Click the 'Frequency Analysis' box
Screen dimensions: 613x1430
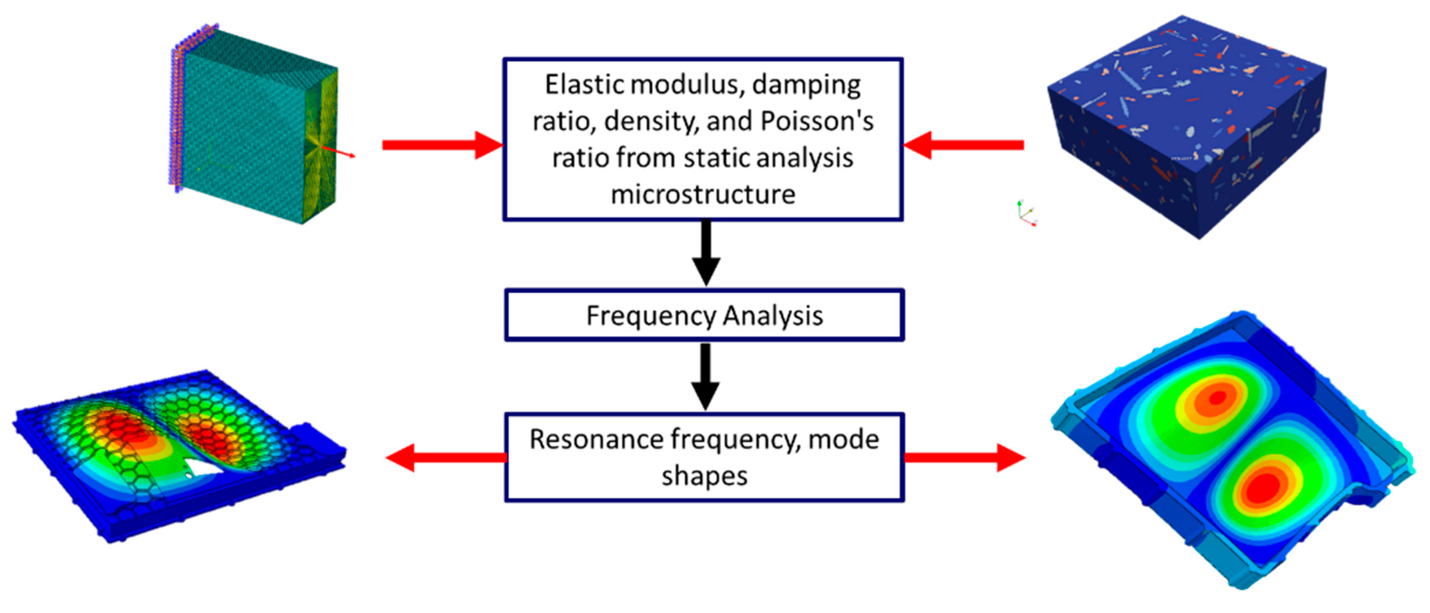pos(704,315)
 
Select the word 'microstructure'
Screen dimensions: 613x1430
pos(703,195)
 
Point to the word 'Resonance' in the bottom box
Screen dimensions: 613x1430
pos(597,440)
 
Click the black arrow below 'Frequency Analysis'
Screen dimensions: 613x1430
pos(705,376)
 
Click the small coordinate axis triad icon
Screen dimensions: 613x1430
pos(1026,214)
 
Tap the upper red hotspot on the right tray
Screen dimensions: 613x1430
pos(1217,397)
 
